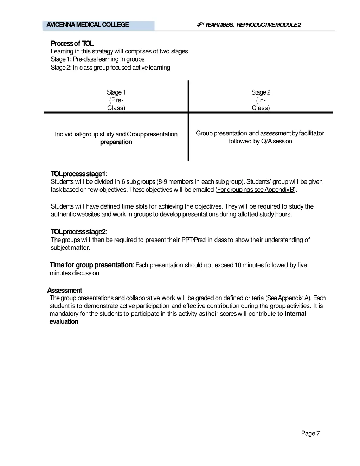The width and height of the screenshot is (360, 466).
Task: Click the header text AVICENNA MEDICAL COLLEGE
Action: pyautogui.click(x=88, y=25)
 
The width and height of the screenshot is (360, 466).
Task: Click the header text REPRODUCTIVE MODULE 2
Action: pyautogui.click(x=269, y=25)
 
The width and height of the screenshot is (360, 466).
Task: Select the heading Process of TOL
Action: pyautogui.click(x=72, y=43)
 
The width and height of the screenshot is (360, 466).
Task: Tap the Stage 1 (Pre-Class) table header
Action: pyautogui.click(x=116, y=100)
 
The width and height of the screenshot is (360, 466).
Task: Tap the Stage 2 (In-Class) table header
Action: pyautogui.click(x=261, y=100)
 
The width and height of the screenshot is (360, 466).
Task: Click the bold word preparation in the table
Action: pyautogui.click(x=116, y=142)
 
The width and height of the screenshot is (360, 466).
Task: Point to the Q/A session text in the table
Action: pyautogui.click(x=276, y=141)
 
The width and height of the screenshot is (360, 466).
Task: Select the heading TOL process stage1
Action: pyautogui.click(x=78, y=174)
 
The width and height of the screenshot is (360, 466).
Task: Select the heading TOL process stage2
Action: pyautogui.click(x=78, y=232)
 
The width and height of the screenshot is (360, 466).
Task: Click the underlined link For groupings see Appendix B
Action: pyautogui.click(x=256, y=190)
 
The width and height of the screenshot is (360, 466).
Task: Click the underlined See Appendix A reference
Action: pyautogui.click(x=288, y=298)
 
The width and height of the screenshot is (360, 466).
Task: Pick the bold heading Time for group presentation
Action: pyautogui.click(x=91, y=265)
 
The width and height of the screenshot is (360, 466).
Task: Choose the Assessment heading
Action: pyautogui.click(x=64, y=291)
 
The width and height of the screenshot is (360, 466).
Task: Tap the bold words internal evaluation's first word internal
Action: pyautogui.click(x=295, y=314)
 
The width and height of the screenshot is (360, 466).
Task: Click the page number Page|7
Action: pyautogui.click(x=310, y=433)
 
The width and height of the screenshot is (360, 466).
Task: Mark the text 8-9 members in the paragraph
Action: pyautogui.click(x=175, y=182)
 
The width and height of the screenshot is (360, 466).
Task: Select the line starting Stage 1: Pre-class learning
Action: pyautogui.click(x=98, y=59)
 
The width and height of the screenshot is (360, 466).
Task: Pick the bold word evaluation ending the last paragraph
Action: pyautogui.click(x=64, y=321)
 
